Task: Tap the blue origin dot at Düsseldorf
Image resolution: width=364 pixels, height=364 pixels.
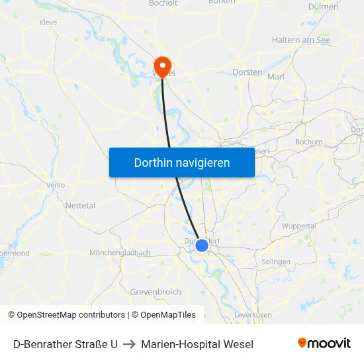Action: point(202,246)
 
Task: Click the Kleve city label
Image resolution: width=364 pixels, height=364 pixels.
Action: point(48,23)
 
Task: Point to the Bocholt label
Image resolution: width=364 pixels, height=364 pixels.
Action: point(164,3)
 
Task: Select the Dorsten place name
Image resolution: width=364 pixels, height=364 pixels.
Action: point(248,72)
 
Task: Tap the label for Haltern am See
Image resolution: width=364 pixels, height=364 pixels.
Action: point(300,40)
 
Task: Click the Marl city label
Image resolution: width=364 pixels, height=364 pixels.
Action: point(275,77)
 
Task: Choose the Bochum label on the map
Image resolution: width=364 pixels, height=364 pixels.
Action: point(308,142)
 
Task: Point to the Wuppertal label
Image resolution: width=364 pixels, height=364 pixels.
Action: point(298,226)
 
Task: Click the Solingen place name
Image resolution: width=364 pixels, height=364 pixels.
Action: point(276,262)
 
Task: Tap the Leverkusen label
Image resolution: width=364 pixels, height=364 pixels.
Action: point(253,316)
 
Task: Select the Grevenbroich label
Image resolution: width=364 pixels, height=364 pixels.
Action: point(156,292)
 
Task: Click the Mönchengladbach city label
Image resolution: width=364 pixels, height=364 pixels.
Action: point(120,253)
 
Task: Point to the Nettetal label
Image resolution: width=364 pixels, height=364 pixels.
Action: point(80,206)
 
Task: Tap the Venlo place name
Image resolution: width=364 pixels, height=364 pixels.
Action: point(56,185)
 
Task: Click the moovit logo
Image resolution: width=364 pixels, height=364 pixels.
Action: point(324,343)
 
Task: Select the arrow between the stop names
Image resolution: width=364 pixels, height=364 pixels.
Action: point(129,344)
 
